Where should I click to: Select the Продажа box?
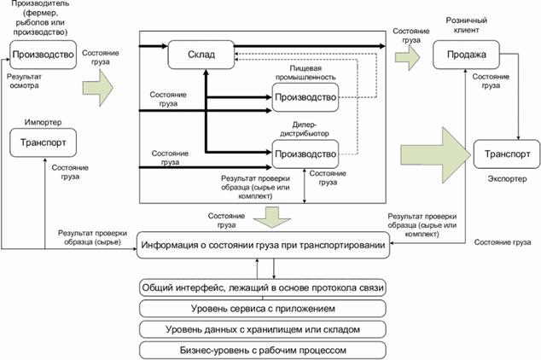pos(465,56)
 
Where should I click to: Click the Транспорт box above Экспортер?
pos(507,154)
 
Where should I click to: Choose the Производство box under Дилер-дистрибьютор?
pos(305,154)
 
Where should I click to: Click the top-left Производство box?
pos(42,55)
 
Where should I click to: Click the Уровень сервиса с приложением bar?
pos(265,308)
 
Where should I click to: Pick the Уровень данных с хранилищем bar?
pos(265,328)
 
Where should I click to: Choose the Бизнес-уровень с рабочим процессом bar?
pos(265,348)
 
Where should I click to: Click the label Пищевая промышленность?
pos(305,73)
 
